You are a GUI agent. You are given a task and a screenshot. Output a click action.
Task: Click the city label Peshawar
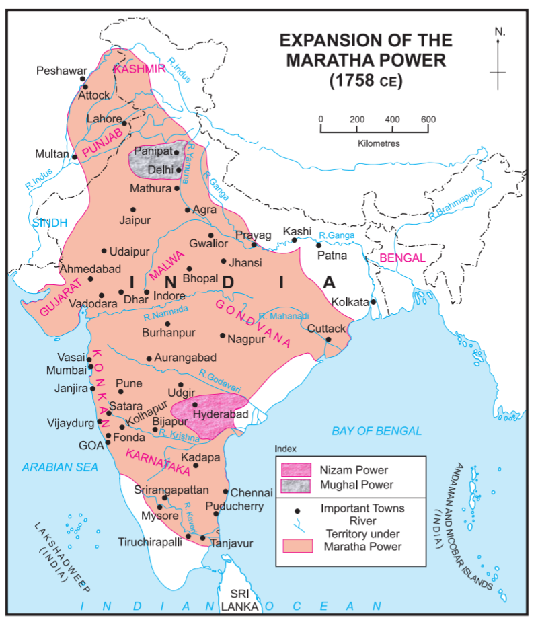click(62, 70)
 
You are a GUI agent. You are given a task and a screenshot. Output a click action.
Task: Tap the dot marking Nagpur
click(223, 335)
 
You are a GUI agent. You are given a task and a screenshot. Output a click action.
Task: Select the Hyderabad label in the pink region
click(221, 415)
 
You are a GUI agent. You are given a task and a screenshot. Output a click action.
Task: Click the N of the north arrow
click(499, 32)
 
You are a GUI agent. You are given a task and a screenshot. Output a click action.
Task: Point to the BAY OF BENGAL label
click(377, 431)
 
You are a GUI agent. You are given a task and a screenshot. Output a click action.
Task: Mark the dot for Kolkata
click(373, 302)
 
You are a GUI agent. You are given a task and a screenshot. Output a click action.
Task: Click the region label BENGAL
click(402, 258)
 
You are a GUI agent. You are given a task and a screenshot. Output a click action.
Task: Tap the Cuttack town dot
click(328, 339)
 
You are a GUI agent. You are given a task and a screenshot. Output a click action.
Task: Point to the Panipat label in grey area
click(153, 151)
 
